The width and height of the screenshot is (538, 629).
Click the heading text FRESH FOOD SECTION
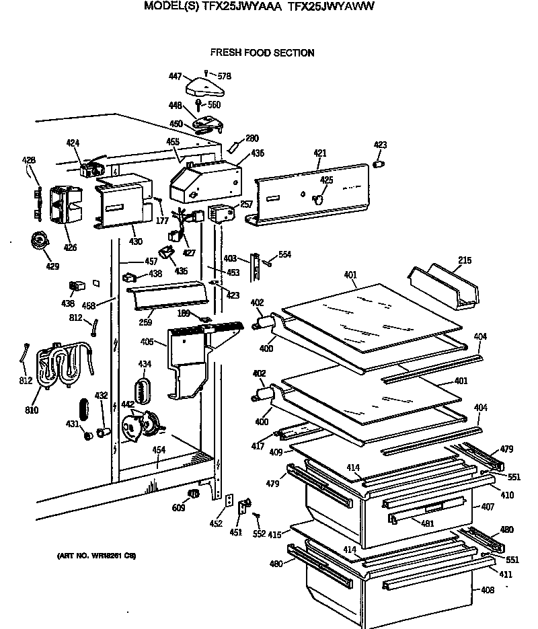click(262, 52)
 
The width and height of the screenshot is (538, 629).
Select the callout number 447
click(175, 77)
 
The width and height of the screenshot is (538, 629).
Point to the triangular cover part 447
click(204, 85)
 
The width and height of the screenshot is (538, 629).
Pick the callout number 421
click(319, 153)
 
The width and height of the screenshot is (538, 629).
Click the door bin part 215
click(444, 288)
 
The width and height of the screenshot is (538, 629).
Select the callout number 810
click(32, 410)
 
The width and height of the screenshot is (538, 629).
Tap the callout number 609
click(178, 508)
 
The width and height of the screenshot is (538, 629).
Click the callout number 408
click(488, 591)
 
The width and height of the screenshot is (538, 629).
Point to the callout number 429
click(52, 266)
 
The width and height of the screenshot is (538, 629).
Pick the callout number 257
click(246, 203)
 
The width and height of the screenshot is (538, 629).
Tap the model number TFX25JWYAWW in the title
click(330, 8)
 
